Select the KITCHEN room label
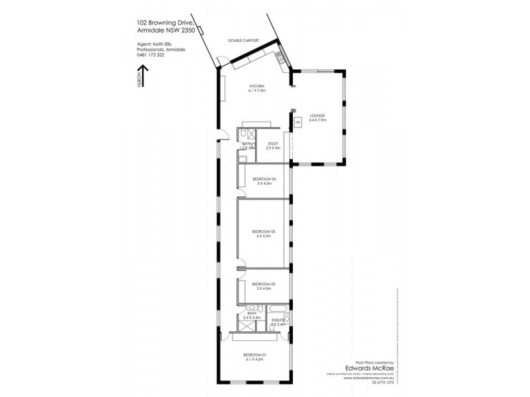tap(257, 87)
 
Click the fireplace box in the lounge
tap(298, 122)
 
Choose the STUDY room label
tap(273, 144)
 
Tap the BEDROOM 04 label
tap(264, 179)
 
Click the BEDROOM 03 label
tap(264, 232)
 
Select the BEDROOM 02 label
tap(264, 284)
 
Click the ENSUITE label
tap(278, 320)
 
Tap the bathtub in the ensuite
tap(277, 309)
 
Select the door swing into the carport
tap(225, 62)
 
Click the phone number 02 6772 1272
tap(380, 382)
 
